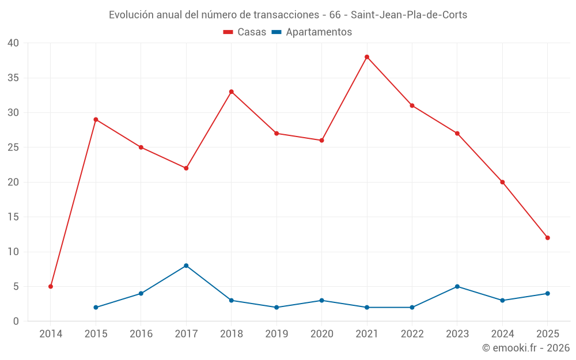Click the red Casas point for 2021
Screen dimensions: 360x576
pos(367,57)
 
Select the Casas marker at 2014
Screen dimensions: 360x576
pos(51,286)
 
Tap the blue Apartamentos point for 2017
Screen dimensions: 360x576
pos(186,266)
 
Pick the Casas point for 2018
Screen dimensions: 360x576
pos(232,92)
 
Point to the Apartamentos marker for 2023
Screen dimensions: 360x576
pos(457,286)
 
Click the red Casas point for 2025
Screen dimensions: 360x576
pos(548,238)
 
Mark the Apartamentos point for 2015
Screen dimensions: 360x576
pos(96,307)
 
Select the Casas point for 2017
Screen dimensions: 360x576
pos(186,168)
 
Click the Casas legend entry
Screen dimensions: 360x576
pos(245,32)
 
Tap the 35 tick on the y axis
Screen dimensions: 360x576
pos(13,78)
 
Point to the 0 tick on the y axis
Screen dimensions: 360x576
pos(16,321)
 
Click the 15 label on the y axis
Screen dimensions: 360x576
pos(13,217)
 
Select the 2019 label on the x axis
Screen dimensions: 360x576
pos(276,334)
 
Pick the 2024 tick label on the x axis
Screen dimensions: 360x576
pos(502,334)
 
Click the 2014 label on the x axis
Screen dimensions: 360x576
pos(51,334)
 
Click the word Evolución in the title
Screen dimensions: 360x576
pos(131,14)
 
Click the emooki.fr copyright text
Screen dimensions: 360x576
pos(525,348)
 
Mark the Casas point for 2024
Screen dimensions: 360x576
pos(502,182)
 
